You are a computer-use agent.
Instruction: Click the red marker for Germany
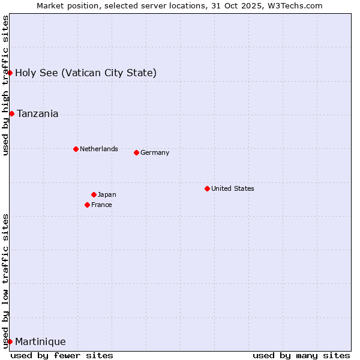[136, 152]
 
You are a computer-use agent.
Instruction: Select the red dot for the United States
[207, 188]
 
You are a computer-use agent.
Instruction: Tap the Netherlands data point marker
[76, 149]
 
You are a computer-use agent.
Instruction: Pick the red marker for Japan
[94, 194]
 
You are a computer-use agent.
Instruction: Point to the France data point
[87, 205]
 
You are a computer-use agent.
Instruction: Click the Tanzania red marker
[11, 113]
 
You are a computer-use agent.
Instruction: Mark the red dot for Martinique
[10, 341]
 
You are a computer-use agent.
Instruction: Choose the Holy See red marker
[10, 73]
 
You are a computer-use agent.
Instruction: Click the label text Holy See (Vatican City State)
[86, 73]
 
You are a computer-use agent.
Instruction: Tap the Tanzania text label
[38, 114]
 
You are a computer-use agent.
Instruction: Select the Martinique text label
[40, 342]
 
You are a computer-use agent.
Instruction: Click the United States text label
[233, 188]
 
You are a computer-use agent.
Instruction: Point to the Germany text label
[155, 152]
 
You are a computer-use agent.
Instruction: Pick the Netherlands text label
[99, 149]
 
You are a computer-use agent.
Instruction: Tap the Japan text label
[107, 194]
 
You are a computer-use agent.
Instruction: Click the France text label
[101, 205]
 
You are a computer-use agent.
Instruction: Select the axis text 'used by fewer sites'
[62, 355]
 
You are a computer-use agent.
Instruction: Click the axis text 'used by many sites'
[301, 355]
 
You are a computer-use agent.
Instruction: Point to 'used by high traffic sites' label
[5, 85]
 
